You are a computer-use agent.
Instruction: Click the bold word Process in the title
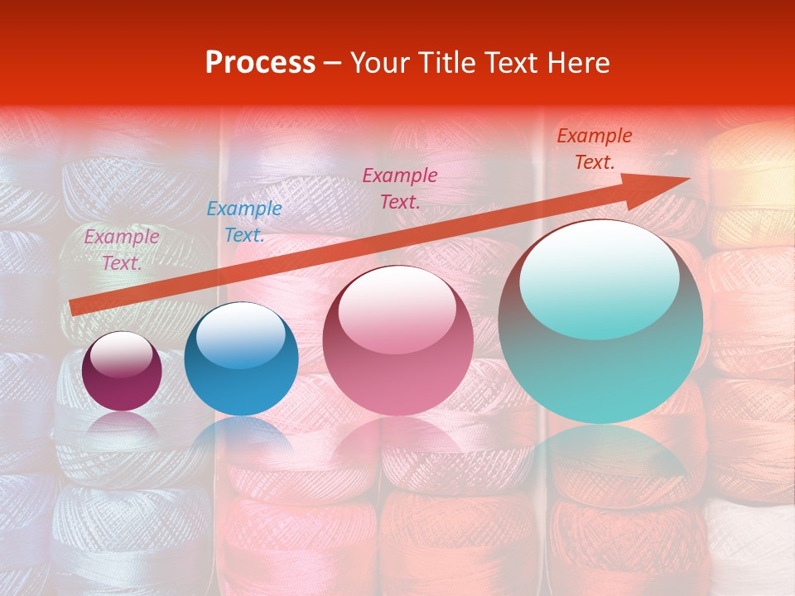point(260,63)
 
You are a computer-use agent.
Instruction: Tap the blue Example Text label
point(244,222)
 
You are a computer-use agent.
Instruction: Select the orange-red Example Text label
point(594,149)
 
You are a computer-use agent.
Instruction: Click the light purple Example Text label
point(122,250)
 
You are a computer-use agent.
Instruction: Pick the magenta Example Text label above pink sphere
point(400,188)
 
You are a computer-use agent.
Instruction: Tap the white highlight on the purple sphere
point(122,354)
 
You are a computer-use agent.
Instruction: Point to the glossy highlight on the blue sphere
point(240,336)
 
